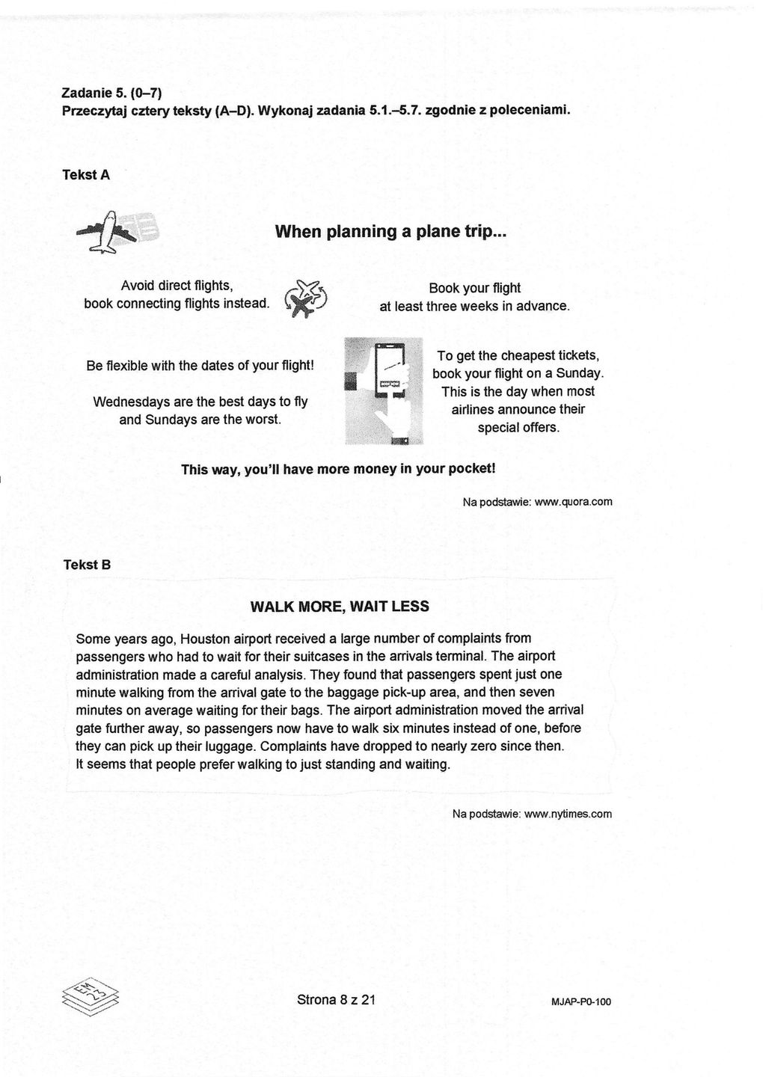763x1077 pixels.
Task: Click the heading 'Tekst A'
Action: point(86,175)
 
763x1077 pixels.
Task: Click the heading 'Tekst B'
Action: point(87,565)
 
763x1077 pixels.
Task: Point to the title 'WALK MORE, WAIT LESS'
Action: point(340,606)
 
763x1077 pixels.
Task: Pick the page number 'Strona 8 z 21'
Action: point(336,999)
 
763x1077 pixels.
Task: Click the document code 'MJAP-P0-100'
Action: point(580,1001)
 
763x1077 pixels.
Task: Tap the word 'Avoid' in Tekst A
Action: point(137,286)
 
